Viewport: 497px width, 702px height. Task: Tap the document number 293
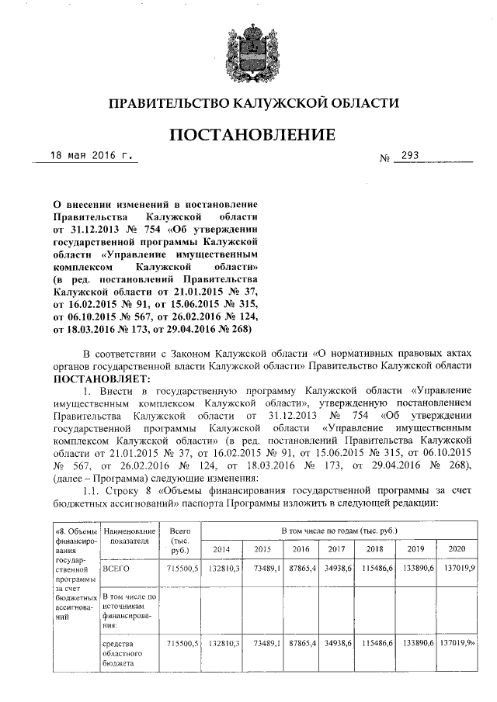click(x=406, y=156)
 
